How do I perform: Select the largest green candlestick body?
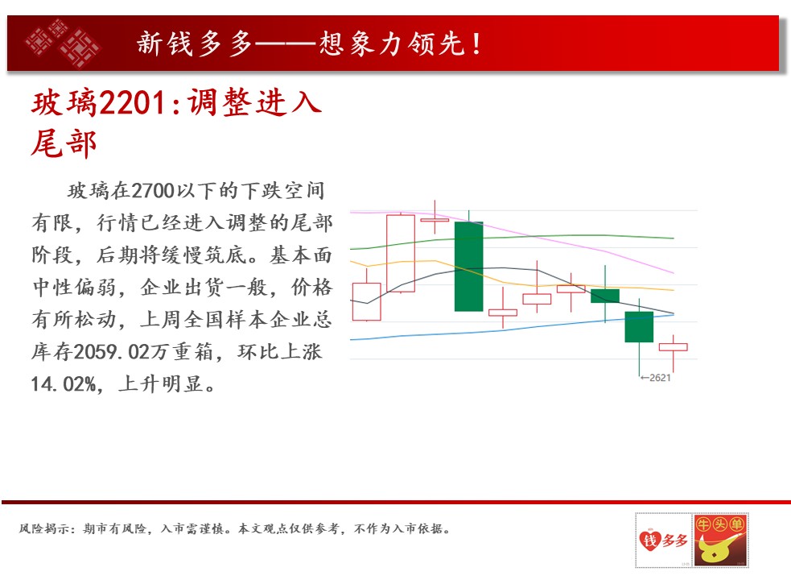pyautogui.click(x=468, y=267)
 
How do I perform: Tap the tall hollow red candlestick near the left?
pyautogui.click(x=401, y=253)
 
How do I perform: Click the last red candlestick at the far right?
pyautogui.click(x=673, y=347)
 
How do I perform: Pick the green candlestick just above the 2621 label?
pyautogui.click(x=639, y=327)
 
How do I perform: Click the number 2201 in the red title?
pyautogui.click(x=132, y=103)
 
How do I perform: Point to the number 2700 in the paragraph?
pyautogui.click(x=152, y=191)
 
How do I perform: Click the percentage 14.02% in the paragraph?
pyautogui.click(x=64, y=384)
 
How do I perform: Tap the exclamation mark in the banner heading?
pyautogui.click(x=476, y=43)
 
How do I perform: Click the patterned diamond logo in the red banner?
pyautogui.click(x=63, y=43)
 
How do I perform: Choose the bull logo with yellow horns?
pyautogui.click(x=720, y=540)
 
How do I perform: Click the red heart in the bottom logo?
pyautogui.click(x=649, y=540)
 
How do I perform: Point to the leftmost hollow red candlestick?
pyautogui.click(x=366, y=301)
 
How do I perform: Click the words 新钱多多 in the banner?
pyautogui.click(x=194, y=43)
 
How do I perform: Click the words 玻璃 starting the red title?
pyautogui.click(x=64, y=103)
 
